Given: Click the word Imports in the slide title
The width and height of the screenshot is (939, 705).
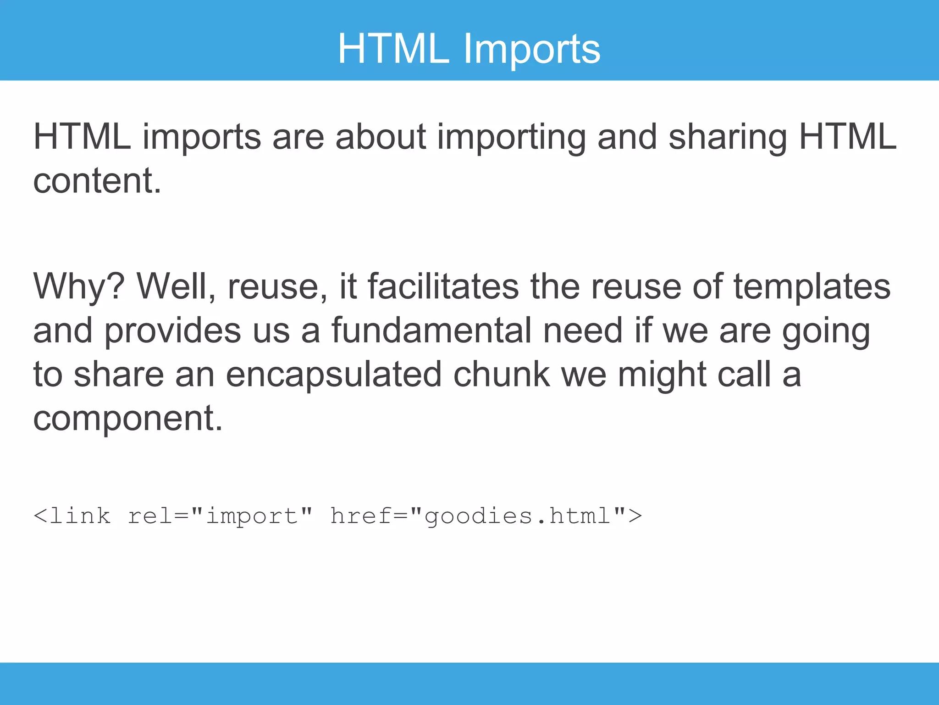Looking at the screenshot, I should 531,49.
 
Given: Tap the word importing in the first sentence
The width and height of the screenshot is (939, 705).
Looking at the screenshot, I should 511,138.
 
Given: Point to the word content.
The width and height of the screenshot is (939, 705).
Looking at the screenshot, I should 97,181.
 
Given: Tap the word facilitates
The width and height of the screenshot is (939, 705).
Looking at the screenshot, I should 443,286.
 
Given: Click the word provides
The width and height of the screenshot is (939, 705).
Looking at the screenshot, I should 172,331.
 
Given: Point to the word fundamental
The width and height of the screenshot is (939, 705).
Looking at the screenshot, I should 431,330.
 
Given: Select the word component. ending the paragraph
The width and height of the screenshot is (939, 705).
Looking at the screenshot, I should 128,419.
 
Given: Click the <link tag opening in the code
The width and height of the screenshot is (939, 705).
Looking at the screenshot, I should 72,516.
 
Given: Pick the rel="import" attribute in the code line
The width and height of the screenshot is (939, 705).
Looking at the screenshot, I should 220,516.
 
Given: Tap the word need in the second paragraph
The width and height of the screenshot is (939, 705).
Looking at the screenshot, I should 583,330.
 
